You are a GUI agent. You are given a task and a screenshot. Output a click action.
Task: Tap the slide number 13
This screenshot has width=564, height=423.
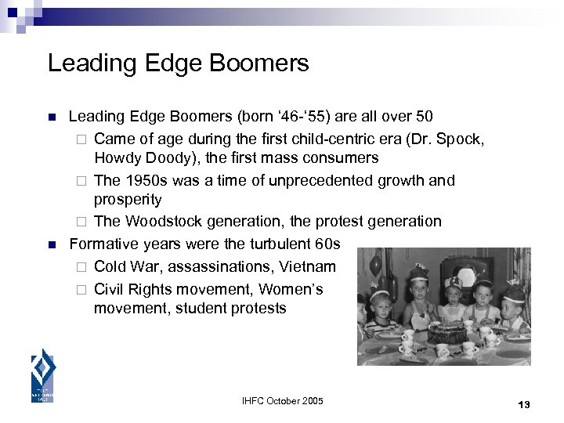(524, 404)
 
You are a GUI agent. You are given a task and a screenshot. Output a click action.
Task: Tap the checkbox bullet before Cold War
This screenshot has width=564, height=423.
(78, 267)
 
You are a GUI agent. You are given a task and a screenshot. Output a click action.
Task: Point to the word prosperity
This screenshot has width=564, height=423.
(128, 200)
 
